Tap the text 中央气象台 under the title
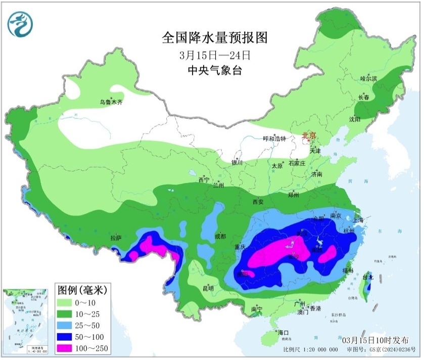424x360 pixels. point(214,70)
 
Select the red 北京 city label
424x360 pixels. point(308,136)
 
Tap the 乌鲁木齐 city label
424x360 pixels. point(111,102)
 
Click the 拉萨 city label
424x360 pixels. point(116,237)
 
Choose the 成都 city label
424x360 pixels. point(220,236)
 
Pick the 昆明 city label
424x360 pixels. point(208,288)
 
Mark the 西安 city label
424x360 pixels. point(258,202)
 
